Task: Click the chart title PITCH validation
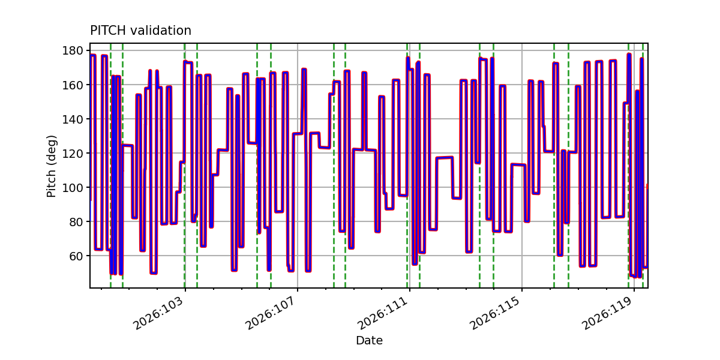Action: [140, 31]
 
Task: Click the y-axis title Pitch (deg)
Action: [52, 166]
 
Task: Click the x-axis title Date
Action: [369, 340]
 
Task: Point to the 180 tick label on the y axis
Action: [73, 50]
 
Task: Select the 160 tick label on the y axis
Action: [73, 85]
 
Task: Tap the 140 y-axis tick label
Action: [73, 119]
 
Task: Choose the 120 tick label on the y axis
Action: [73, 154]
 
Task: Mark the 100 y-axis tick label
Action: [73, 187]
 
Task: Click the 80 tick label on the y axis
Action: [76, 222]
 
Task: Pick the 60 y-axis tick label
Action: [76, 256]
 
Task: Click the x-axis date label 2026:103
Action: [159, 313]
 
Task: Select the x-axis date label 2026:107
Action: [271, 313]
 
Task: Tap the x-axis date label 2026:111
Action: [383, 313]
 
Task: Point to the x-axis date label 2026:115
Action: [496, 313]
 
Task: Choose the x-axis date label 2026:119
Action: [607, 313]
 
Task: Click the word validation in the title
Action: [161, 31]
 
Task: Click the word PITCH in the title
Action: [108, 31]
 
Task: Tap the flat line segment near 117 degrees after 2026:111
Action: [445, 158]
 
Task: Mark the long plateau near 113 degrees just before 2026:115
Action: [518, 165]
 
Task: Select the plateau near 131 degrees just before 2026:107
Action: [298, 133]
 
